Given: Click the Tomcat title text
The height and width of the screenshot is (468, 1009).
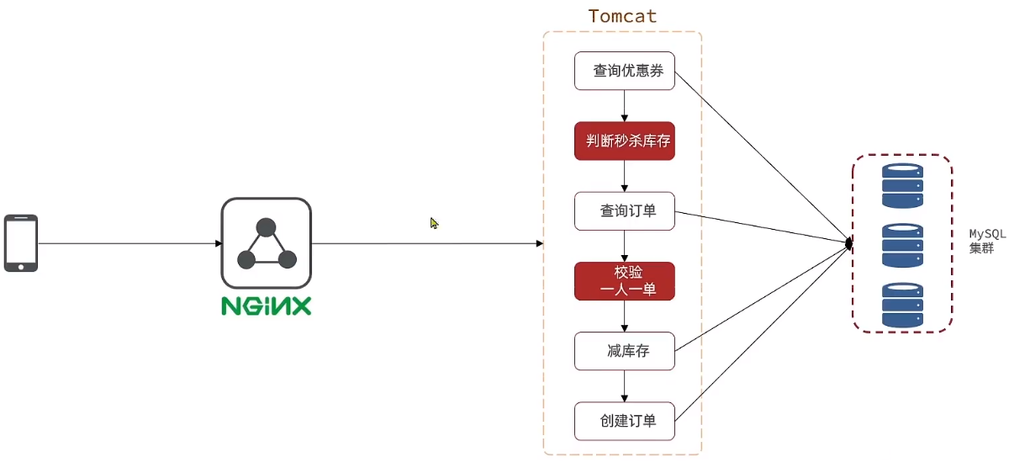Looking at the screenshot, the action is [622, 16].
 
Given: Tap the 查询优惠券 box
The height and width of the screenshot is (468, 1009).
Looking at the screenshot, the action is [624, 71].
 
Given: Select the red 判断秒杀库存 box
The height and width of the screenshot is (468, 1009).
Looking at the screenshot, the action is [624, 141].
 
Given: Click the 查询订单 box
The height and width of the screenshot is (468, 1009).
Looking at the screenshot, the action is [624, 211].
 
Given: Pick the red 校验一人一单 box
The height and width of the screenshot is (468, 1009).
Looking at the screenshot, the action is [624, 281].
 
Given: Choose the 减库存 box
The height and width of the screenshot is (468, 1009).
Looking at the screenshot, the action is [624, 351].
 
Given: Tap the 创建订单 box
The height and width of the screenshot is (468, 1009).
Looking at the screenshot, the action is [624, 421].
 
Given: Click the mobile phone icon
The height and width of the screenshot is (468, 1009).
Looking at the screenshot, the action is [21, 243].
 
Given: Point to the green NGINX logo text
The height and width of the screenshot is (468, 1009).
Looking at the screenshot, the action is [267, 306].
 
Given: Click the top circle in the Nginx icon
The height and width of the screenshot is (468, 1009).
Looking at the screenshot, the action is [266, 227].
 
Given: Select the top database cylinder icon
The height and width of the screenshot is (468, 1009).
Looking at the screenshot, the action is [902, 186].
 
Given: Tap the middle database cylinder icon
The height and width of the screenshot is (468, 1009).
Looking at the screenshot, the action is [902, 245].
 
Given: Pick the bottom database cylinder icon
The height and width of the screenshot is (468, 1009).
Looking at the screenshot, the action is [902, 305].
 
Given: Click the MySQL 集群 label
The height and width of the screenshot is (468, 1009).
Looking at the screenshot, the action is [987, 241].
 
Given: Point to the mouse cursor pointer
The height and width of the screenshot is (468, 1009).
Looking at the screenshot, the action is [434, 223].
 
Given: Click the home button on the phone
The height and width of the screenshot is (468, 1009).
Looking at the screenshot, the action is [21, 268].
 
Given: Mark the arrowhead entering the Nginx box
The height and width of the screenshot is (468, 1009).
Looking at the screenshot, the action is [219, 243].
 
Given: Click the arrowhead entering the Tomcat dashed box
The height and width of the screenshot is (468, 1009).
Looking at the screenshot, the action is [540, 243].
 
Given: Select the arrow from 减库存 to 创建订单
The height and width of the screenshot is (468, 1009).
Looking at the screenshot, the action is [624, 386].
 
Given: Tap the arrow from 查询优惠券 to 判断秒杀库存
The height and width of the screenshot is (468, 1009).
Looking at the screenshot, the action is [624, 106].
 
